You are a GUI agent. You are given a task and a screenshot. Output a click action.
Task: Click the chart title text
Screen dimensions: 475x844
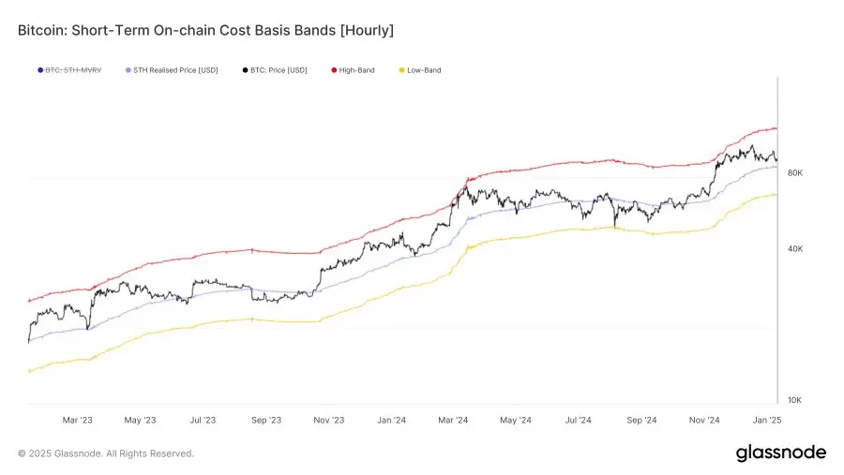click(205, 31)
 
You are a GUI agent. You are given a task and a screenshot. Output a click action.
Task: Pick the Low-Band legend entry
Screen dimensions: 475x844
click(423, 70)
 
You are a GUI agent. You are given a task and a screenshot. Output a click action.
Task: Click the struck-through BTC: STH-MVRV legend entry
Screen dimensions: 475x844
click(71, 70)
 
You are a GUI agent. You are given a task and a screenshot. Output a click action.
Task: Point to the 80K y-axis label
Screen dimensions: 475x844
click(794, 173)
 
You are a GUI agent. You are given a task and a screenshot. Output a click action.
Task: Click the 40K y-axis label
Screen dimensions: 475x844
click(794, 249)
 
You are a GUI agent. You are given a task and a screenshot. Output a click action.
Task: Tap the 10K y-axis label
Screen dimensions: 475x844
click(794, 400)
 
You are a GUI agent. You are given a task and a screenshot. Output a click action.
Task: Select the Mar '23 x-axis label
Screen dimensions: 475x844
click(77, 421)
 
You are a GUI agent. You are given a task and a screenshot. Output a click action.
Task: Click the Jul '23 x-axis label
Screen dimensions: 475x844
click(203, 421)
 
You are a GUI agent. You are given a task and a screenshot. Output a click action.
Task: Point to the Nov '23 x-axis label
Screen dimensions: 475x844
click(328, 421)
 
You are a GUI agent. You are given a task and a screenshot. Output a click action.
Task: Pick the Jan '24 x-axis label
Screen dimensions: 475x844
click(391, 421)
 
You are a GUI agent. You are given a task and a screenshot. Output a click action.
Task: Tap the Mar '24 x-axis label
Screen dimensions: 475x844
click(454, 421)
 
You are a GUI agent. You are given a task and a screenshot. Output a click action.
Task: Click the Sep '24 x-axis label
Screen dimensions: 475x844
click(641, 421)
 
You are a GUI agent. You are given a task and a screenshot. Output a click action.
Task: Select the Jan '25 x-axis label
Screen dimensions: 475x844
click(767, 421)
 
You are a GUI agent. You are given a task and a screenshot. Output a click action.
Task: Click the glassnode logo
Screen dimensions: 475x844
click(780, 453)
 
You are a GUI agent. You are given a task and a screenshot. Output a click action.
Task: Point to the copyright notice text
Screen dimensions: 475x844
click(106, 453)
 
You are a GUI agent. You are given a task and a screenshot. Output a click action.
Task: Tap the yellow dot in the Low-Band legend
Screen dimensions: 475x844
click(401, 70)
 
